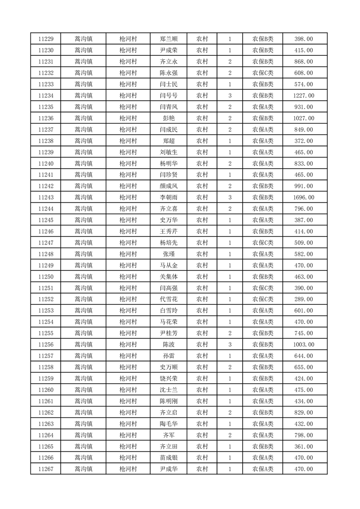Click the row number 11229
[x=46, y=39]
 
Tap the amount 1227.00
[x=304, y=96]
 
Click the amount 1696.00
[x=304, y=197]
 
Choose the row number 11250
[x=46, y=277]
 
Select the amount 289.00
[x=304, y=299]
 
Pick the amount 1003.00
[x=304, y=345]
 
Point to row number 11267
[x=46, y=469]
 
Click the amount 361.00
[x=304, y=446]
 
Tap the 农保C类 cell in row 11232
[x=263, y=73]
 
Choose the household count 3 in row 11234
[x=230, y=96]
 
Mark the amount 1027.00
[x=304, y=118]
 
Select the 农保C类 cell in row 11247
[x=263, y=243]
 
